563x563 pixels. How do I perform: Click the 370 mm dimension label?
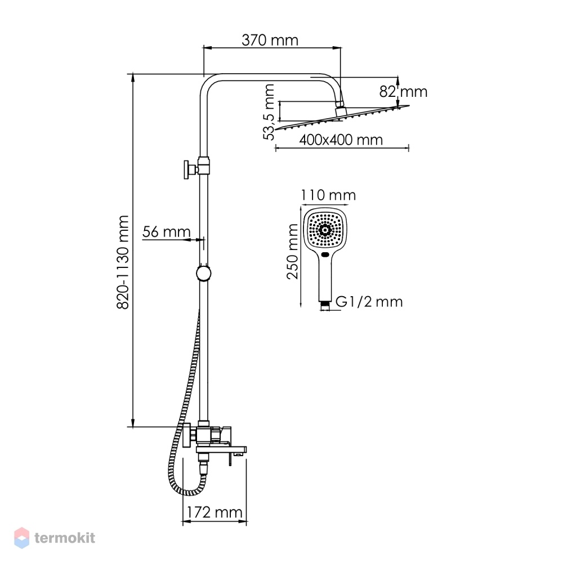(270, 40)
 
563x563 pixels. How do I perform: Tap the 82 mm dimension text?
(403, 92)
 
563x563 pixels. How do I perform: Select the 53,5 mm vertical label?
(269, 112)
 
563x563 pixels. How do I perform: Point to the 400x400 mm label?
(341, 139)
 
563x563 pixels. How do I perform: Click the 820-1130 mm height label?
(123, 262)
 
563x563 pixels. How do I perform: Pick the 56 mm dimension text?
(166, 231)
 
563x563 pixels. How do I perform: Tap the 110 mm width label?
(328, 195)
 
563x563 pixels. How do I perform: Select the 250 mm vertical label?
(292, 251)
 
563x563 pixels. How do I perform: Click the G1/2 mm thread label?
(369, 302)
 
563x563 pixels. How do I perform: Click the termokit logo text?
(65, 538)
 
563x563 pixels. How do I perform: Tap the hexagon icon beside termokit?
(21, 538)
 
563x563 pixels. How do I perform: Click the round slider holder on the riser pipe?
(204, 273)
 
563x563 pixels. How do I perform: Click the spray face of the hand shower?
(325, 229)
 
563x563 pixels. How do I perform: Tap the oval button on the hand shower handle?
(325, 255)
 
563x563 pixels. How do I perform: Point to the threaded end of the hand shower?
(325, 305)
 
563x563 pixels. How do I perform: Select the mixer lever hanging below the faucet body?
(230, 459)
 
